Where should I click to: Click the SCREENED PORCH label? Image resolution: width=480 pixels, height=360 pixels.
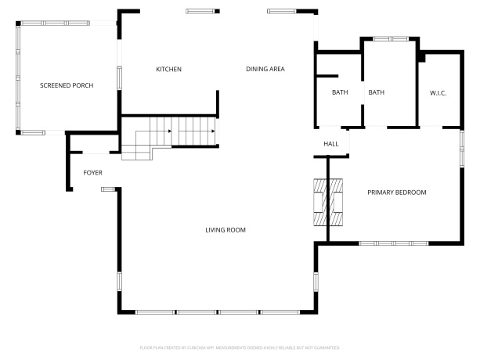pyautogui.click(x=67, y=85)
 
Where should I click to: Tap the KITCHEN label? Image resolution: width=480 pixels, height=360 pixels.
pyautogui.click(x=168, y=70)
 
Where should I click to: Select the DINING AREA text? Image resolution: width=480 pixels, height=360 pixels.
pyautogui.click(x=265, y=70)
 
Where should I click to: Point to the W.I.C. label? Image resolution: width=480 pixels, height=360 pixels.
pyautogui.click(x=438, y=93)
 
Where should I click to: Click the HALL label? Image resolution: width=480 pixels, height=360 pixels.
pyautogui.click(x=331, y=144)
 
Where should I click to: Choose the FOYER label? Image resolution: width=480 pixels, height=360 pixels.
pyautogui.click(x=93, y=173)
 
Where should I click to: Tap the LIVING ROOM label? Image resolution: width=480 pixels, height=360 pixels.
pyautogui.click(x=226, y=230)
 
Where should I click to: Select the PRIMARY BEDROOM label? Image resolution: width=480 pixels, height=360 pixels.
pyautogui.click(x=397, y=192)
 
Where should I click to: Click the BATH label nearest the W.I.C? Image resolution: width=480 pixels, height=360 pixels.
pyautogui.click(x=377, y=93)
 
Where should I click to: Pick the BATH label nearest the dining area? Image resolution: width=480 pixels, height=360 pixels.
pyautogui.click(x=340, y=93)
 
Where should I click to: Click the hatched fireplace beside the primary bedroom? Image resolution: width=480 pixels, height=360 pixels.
pyautogui.click(x=328, y=201)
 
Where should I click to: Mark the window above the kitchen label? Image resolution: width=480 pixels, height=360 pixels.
pyautogui.click(x=200, y=11)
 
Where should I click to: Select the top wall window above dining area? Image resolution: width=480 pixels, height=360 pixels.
pyautogui.click(x=283, y=11)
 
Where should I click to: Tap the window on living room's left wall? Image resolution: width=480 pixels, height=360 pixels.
pyautogui.click(x=119, y=283)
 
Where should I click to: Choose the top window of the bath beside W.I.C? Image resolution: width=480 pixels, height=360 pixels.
pyautogui.click(x=389, y=38)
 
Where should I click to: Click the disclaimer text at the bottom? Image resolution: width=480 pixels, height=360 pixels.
pyautogui.click(x=240, y=347)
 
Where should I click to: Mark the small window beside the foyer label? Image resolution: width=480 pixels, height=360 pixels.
pyautogui.click(x=107, y=188)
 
